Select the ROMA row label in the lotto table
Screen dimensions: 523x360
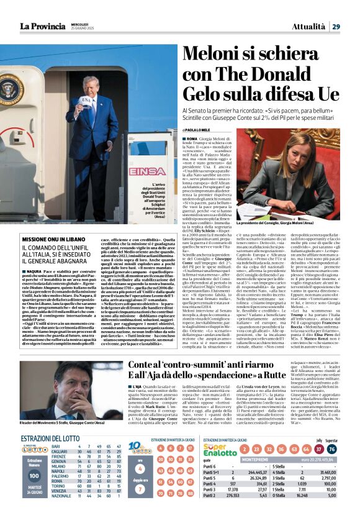(56, 481)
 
